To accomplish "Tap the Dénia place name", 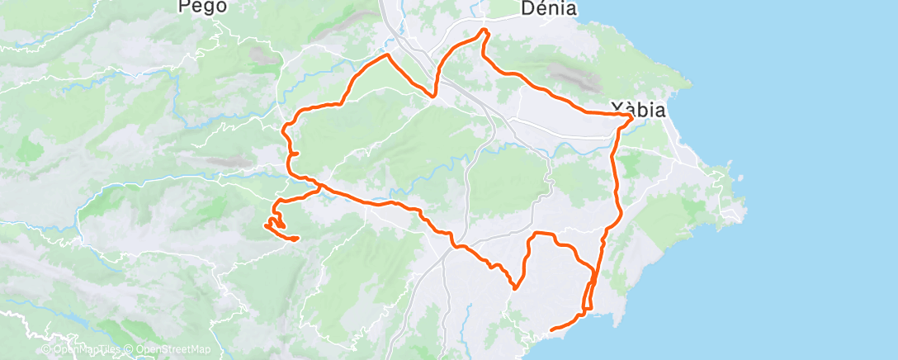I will click(x=549, y=8).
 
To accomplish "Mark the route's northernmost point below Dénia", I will click(x=484, y=31).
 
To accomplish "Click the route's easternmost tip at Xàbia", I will click(x=632, y=117).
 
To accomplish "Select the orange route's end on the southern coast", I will click(x=551, y=330).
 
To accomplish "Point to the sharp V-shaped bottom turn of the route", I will click(x=515, y=288).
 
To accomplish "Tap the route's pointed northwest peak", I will click(x=386, y=55).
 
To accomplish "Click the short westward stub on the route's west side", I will click(x=291, y=154).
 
